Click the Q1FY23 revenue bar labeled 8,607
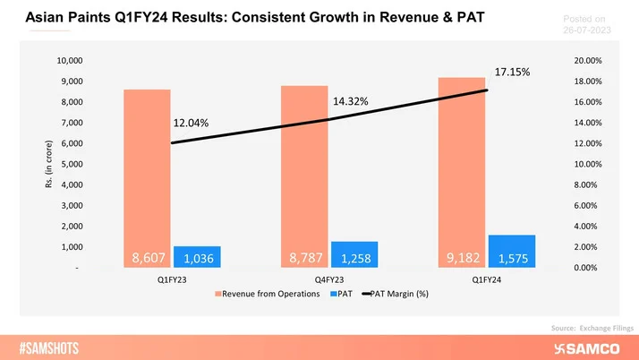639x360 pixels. [148, 179]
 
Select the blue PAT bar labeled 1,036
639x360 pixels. [197, 257]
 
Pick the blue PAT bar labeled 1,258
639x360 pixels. [354, 255]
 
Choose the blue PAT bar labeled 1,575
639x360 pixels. [511, 252]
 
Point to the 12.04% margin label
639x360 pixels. [191, 123]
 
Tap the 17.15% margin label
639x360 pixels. [512, 71]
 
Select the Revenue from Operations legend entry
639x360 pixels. [266, 295]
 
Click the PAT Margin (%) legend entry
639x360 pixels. [396, 295]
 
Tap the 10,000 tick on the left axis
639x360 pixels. [69, 61]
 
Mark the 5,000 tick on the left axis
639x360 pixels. [72, 165]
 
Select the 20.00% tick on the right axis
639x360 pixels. [587, 61]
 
